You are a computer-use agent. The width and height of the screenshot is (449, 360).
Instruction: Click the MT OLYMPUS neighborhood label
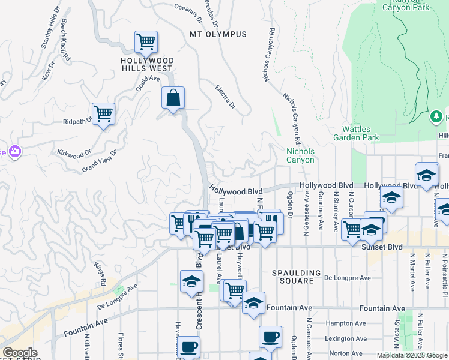pyautogui.click(x=218, y=34)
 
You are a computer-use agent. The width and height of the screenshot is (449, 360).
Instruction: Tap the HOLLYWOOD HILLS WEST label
pyautogui.click(x=147, y=65)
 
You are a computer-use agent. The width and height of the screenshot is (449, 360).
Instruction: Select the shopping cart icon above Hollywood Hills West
pyautogui.click(x=146, y=42)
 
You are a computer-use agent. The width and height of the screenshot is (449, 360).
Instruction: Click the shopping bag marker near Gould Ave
pyautogui.click(x=173, y=98)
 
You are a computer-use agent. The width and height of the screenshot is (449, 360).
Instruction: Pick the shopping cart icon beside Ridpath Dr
pyautogui.click(x=103, y=113)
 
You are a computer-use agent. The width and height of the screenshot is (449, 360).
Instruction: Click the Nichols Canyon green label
pyautogui.click(x=300, y=155)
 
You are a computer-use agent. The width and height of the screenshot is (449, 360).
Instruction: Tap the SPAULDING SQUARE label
pyautogui.click(x=293, y=277)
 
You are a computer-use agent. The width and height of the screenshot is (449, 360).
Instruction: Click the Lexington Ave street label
pyautogui.click(x=345, y=338)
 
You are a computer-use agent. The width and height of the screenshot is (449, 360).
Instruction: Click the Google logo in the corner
pyautogui.click(x=19, y=353)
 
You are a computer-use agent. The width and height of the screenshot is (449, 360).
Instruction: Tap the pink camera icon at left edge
pyautogui.click(x=13, y=152)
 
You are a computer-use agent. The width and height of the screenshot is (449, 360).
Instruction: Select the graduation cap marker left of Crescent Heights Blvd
pyautogui.click(x=191, y=281)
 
